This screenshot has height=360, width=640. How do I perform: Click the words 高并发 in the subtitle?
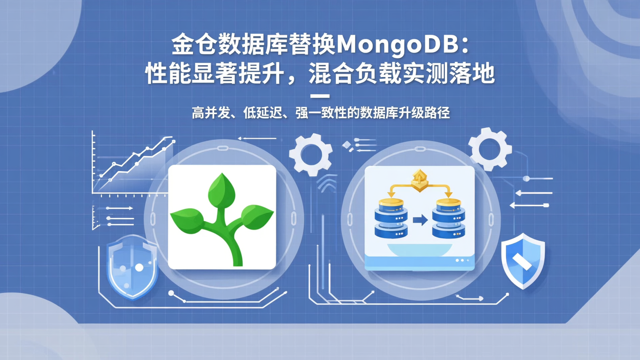(x=212, y=113)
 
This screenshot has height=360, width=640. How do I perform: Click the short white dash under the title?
(x=320, y=96)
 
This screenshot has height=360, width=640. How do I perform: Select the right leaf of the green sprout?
(x=256, y=216)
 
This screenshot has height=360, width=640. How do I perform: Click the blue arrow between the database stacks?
(x=420, y=220)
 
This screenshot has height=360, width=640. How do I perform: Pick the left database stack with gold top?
(x=391, y=218)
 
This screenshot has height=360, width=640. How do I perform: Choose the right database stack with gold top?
(x=448, y=218)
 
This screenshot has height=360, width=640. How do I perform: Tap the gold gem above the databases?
(x=419, y=180)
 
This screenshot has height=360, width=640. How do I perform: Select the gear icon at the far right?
(x=490, y=148)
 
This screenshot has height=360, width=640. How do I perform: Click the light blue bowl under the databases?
(x=420, y=250)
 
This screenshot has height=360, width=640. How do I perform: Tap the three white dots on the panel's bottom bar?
(x=462, y=260)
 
